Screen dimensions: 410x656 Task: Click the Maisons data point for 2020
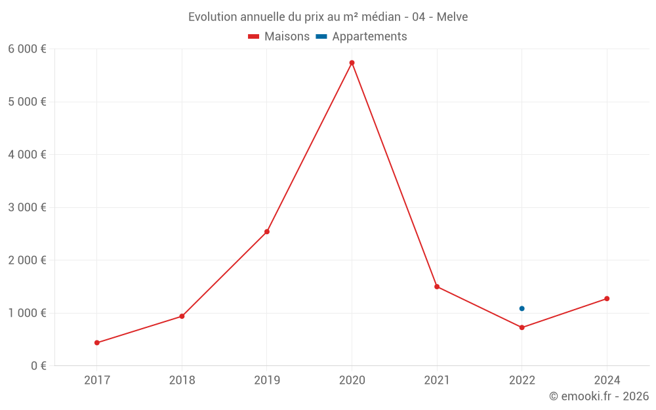pyautogui.click(x=352, y=63)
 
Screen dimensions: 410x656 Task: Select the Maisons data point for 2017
pyautogui.click(x=97, y=342)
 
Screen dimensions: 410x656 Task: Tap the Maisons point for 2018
pyautogui.click(x=182, y=316)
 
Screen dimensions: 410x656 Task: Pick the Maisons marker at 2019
pyautogui.click(x=267, y=232)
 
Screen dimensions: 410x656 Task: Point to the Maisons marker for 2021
pyautogui.click(x=437, y=287)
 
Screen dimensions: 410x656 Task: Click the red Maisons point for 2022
pyautogui.click(x=522, y=327)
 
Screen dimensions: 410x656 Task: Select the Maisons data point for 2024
pyautogui.click(x=607, y=298)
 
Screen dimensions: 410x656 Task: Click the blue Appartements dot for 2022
pyautogui.click(x=522, y=308)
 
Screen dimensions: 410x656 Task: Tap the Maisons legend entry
pyautogui.click(x=279, y=37)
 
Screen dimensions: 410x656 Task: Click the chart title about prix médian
pyautogui.click(x=328, y=17)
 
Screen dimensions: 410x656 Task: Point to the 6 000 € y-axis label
pyautogui.click(x=27, y=49)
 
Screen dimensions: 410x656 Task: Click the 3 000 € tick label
pyautogui.click(x=27, y=207)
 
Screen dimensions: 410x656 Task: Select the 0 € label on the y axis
pyautogui.click(x=37, y=365)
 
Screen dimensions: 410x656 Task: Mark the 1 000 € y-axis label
pyautogui.click(x=27, y=313)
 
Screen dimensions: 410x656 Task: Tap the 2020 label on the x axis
pyautogui.click(x=352, y=380)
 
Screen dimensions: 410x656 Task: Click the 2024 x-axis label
pyautogui.click(x=607, y=380)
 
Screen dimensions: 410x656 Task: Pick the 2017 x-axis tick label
pyautogui.click(x=97, y=380)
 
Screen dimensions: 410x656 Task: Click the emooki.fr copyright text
pyautogui.click(x=598, y=396)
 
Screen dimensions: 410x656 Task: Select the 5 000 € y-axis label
pyautogui.click(x=27, y=102)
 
